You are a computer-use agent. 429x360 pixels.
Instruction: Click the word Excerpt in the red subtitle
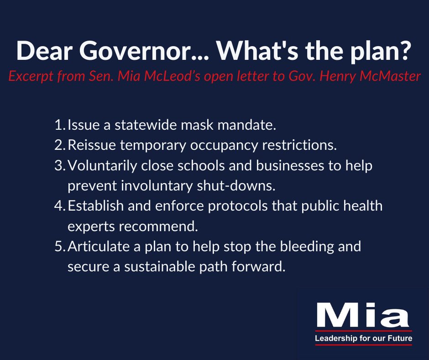click(29, 76)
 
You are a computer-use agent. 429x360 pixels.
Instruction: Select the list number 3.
click(59, 165)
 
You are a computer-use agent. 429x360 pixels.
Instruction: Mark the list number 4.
click(59, 206)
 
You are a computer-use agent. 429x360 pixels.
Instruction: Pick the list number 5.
click(59, 247)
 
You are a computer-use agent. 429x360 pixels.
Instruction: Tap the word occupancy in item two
click(226, 145)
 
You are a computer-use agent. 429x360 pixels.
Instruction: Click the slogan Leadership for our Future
click(363, 339)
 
